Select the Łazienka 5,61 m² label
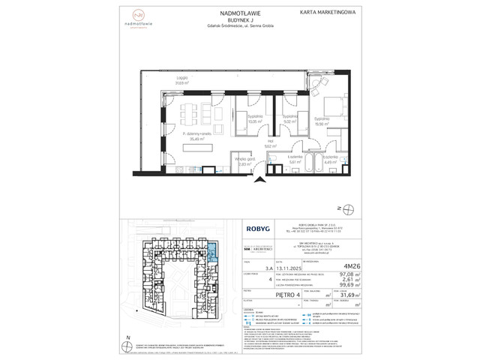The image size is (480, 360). point(294,159)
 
